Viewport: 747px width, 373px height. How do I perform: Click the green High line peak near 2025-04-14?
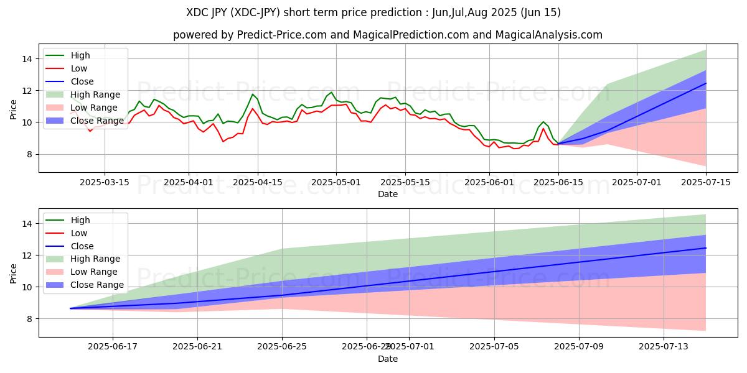point(253,94)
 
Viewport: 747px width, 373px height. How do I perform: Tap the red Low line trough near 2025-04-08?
point(223,142)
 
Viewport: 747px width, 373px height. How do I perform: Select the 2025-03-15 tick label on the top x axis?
point(105,182)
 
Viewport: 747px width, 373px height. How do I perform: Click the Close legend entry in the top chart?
point(82,81)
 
